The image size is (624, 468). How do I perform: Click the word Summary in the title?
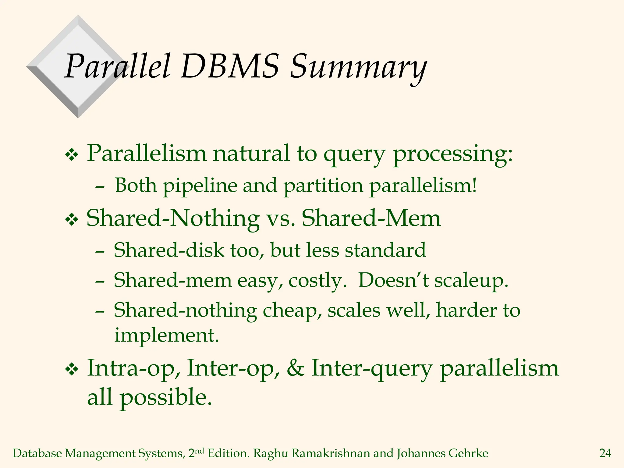coord(358,67)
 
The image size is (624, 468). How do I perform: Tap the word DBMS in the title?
coord(230,66)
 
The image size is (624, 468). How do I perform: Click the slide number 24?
coord(605,453)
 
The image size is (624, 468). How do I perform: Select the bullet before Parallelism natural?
coord(72,155)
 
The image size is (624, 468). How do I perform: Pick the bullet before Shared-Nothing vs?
coord(72,220)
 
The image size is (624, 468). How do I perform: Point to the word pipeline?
coord(200,186)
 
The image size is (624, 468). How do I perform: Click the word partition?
coord(323,186)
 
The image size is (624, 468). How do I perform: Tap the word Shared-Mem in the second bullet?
coord(371,218)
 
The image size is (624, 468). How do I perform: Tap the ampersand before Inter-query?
coord(295,368)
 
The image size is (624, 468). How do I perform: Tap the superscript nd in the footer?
coord(199,451)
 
